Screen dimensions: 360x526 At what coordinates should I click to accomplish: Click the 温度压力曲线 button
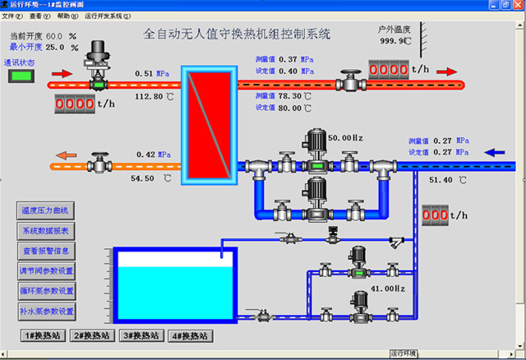coord(47,210)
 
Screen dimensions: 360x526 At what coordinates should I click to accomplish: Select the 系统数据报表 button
coord(47,231)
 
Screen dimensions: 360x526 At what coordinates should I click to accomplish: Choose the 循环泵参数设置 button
coord(47,291)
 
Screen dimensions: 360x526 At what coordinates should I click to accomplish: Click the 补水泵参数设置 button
coord(47,312)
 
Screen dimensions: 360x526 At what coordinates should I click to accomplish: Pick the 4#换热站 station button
coord(189,336)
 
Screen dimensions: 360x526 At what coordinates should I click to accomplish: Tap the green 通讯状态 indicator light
coord(20,76)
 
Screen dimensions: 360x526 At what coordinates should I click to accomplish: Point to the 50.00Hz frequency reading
coord(346,138)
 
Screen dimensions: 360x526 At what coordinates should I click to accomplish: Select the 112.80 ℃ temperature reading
coord(154,97)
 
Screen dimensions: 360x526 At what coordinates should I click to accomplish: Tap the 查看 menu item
coord(35,16)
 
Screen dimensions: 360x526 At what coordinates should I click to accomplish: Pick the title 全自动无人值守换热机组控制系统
coord(236,35)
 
